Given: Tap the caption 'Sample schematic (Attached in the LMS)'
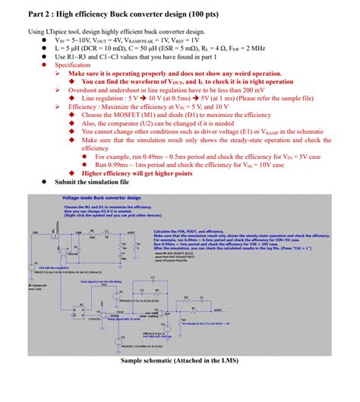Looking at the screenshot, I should (x=180, y=360).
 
